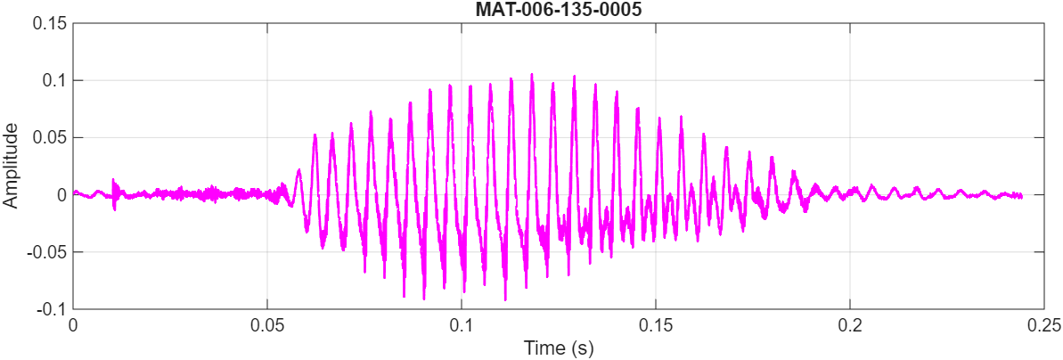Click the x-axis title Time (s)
point(558,347)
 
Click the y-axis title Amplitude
point(11,166)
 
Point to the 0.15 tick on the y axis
point(49,23)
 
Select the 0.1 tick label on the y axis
point(53,80)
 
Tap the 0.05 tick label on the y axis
point(49,137)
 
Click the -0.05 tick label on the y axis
point(46,251)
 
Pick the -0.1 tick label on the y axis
point(51,308)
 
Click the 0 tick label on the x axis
point(73,325)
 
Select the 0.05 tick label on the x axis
point(267,325)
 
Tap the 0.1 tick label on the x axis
point(462,325)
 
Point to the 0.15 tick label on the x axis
point(656,325)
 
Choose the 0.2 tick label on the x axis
point(850,325)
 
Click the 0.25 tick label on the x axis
point(1043,325)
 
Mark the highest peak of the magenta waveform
point(532,75)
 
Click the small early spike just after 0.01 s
point(113,180)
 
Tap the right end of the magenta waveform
point(1021,195)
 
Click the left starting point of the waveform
point(74,192)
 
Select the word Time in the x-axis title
point(542,347)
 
